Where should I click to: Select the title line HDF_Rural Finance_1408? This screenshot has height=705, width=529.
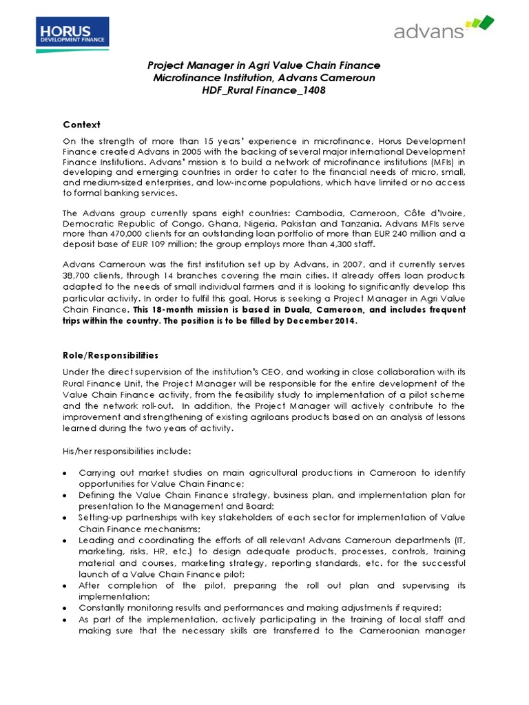(264, 91)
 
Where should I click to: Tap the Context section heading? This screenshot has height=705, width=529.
(81, 125)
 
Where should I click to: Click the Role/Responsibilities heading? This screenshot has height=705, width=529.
(110, 355)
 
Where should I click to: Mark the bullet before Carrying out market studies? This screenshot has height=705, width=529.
(65, 474)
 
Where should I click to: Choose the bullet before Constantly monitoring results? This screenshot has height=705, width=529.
(65, 608)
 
